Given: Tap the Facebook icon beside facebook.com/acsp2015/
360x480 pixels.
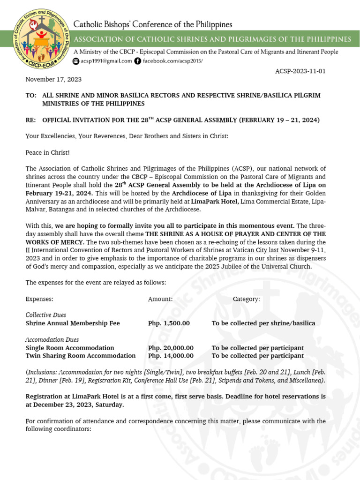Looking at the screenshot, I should (137, 61).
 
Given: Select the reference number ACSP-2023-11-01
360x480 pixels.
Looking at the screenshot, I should (300, 71).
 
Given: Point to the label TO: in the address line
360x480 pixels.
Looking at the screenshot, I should (31, 95).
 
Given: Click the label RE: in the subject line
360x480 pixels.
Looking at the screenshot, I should (31, 120).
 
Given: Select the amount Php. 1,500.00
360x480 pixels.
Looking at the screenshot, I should (169, 323).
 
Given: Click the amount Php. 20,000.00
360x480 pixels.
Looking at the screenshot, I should (171, 348).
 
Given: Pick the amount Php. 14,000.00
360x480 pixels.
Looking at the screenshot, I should (171, 356).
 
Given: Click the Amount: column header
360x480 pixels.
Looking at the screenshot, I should (160, 299).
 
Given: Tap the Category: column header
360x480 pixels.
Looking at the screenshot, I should (246, 299).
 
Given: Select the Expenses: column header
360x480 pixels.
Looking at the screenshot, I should (39, 299).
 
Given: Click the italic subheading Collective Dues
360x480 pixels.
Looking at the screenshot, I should (46, 315).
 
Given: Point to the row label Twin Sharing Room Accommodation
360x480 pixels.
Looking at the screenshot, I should (81, 356).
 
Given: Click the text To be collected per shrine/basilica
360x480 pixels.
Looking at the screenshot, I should (263, 323).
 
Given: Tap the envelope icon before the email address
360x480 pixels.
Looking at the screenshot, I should (76, 61).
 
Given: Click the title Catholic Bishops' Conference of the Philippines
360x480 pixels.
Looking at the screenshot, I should (152, 24).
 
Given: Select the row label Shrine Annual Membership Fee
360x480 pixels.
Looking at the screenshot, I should (73, 323).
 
